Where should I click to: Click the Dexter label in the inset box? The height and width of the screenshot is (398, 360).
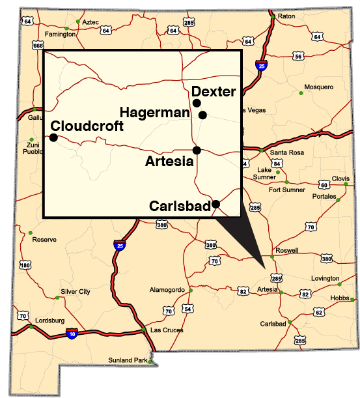pos(214,92)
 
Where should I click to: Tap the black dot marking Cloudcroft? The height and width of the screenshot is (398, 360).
pos(53,137)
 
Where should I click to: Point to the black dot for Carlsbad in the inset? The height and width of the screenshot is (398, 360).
pos(216,204)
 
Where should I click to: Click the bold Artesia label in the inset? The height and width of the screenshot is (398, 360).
pos(169,162)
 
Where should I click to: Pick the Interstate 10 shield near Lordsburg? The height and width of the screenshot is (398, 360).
pos(72,334)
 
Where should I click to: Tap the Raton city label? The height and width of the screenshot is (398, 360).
pos(286,16)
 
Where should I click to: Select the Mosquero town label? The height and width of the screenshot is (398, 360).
pos(319,87)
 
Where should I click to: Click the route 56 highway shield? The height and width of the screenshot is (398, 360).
pos(298,57)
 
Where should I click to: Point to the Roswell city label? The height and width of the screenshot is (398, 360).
pos(287,250)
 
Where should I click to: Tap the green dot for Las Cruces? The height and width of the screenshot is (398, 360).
pos(144,331)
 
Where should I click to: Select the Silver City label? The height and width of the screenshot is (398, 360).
pos(76,291)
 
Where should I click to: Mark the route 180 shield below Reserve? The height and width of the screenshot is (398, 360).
pos(25,265)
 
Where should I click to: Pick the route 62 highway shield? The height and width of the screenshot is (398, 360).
pos(319,313)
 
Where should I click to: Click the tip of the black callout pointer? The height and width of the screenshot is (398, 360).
pos(264,266)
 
